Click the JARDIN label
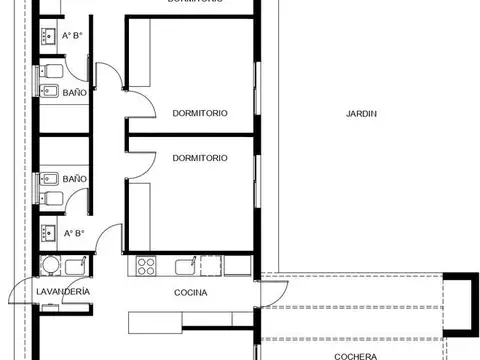point(361,113)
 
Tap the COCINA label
point(190,293)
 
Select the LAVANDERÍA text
point(63,291)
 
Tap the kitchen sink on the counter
point(184,267)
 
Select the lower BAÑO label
point(74,179)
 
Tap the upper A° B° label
point(73,36)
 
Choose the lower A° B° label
point(73,234)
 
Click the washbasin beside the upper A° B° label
point(48,36)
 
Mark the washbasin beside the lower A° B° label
point(48,235)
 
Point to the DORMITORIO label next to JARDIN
point(199,113)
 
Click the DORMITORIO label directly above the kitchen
point(199,158)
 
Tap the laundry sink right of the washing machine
point(75,266)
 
